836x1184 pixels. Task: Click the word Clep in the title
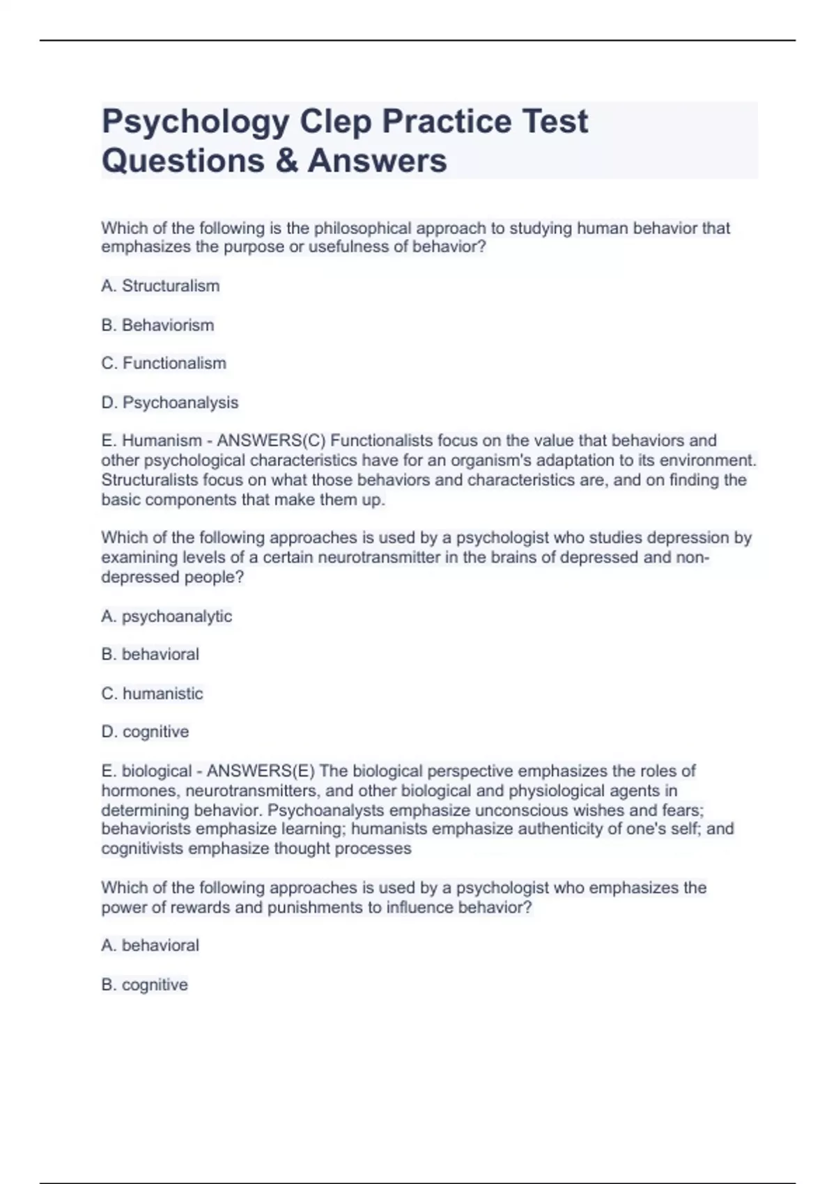[x=335, y=122]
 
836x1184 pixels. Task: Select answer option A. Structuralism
[x=160, y=286]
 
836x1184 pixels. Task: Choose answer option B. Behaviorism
[x=157, y=325]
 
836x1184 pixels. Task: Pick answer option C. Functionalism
[x=164, y=364]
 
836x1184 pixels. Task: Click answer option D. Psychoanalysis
[x=170, y=403]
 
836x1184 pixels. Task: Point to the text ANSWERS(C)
[x=272, y=441]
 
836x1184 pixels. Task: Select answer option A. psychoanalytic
[x=167, y=616]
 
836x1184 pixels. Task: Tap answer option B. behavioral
[x=150, y=655]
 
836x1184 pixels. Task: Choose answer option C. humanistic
[x=153, y=694]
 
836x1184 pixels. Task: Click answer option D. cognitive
[x=145, y=732]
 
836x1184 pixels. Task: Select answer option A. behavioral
[x=150, y=946]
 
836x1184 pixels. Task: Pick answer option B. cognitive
[x=145, y=985]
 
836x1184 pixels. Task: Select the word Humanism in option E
[x=162, y=441]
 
